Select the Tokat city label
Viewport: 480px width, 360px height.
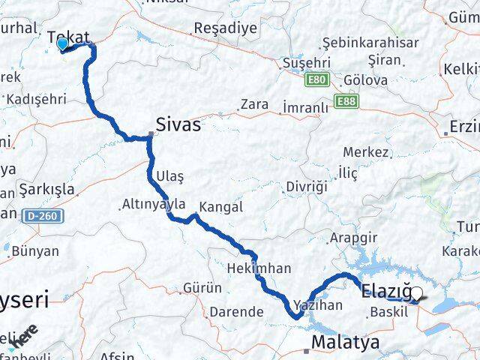[68, 37]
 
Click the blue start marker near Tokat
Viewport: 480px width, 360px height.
[61, 43]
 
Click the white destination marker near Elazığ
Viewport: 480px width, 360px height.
[417, 293]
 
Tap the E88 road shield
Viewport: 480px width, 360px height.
[346, 100]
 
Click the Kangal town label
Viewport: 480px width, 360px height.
[221, 206]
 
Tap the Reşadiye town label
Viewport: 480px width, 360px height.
[214, 28]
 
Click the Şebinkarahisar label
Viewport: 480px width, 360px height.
[370, 42]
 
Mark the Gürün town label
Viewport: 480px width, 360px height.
[202, 287]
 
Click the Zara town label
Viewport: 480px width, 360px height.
[254, 104]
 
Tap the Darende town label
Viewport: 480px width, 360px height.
[235, 311]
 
